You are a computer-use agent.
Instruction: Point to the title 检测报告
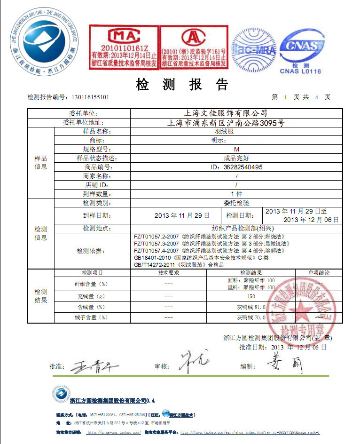tap(182, 85)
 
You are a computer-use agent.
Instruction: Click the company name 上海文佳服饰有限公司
tap(226, 113)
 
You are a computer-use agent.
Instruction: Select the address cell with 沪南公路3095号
tap(226, 123)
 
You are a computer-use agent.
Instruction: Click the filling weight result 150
tap(251, 297)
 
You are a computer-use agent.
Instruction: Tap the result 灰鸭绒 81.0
tap(251, 307)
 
